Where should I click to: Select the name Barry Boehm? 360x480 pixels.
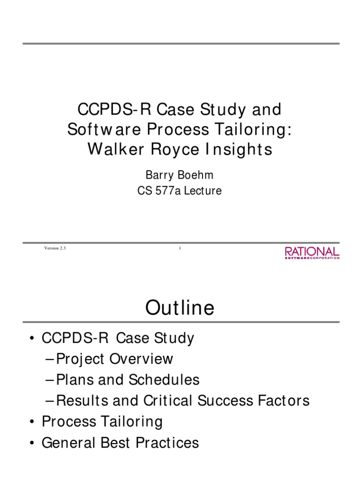point(180,175)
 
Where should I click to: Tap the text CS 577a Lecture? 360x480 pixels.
point(180,191)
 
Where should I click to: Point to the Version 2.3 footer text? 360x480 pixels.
point(55,248)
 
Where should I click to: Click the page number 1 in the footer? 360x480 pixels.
point(180,248)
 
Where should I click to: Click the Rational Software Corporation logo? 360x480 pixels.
point(312,253)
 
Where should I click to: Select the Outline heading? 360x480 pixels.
point(180,308)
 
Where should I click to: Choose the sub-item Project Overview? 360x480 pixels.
point(114,359)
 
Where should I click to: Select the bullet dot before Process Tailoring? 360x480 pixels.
point(31,421)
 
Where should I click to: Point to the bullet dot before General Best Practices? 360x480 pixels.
point(31,442)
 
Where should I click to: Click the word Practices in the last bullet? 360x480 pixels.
point(169,442)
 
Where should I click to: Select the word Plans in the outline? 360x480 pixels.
point(72,380)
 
